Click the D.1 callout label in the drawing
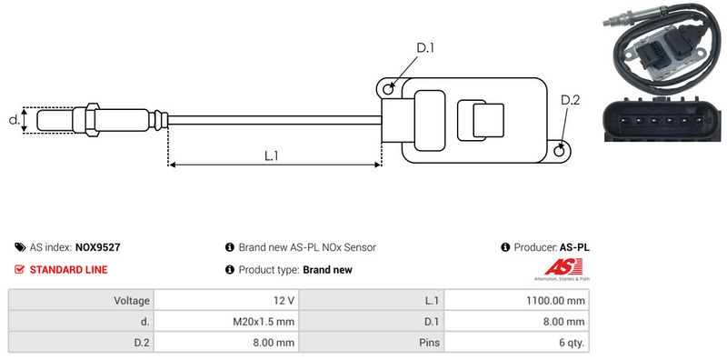425,48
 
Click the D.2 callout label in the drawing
571,100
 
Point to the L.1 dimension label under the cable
271,155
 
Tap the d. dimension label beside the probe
15,120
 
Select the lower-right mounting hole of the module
560,150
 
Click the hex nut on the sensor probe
92,120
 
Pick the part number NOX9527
98,247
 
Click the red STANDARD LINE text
69,269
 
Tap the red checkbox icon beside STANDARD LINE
19,269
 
